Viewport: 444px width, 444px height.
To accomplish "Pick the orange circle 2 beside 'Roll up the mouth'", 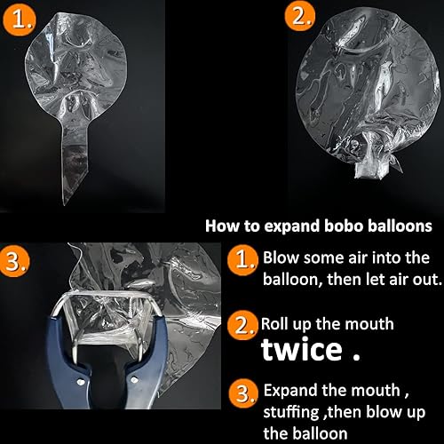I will click(x=243, y=326).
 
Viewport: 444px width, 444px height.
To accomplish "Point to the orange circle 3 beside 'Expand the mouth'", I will click(x=243, y=392).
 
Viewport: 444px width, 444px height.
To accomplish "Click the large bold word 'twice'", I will click(x=301, y=349).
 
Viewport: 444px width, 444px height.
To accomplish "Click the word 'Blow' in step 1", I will click(x=281, y=258).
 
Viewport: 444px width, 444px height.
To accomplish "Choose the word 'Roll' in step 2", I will click(x=275, y=324).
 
